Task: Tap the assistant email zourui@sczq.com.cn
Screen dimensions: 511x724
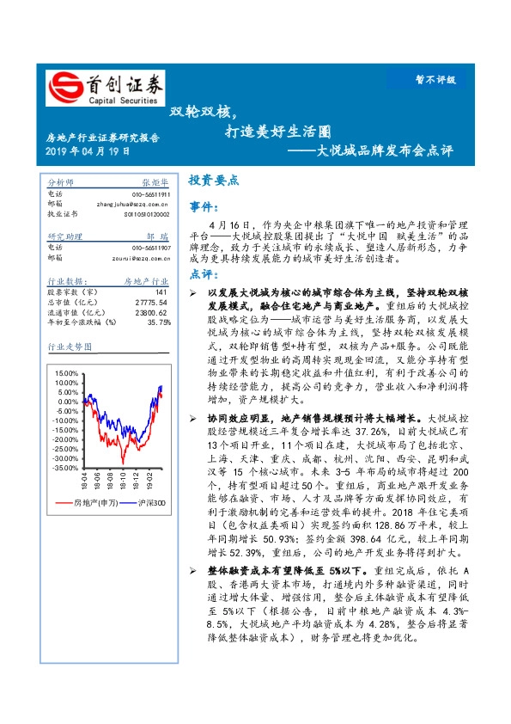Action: (x=132, y=256)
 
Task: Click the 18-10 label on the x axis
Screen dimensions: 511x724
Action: (x=123, y=478)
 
